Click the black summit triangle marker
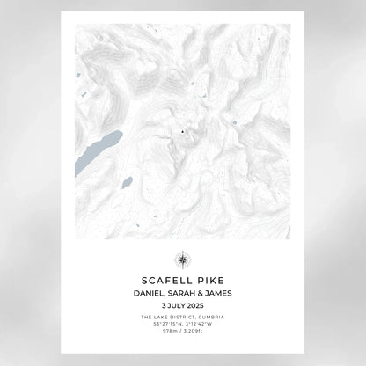(x=183, y=132)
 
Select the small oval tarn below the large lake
(x=128, y=182)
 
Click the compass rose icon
(x=183, y=259)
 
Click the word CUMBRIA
(x=210, y=317)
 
